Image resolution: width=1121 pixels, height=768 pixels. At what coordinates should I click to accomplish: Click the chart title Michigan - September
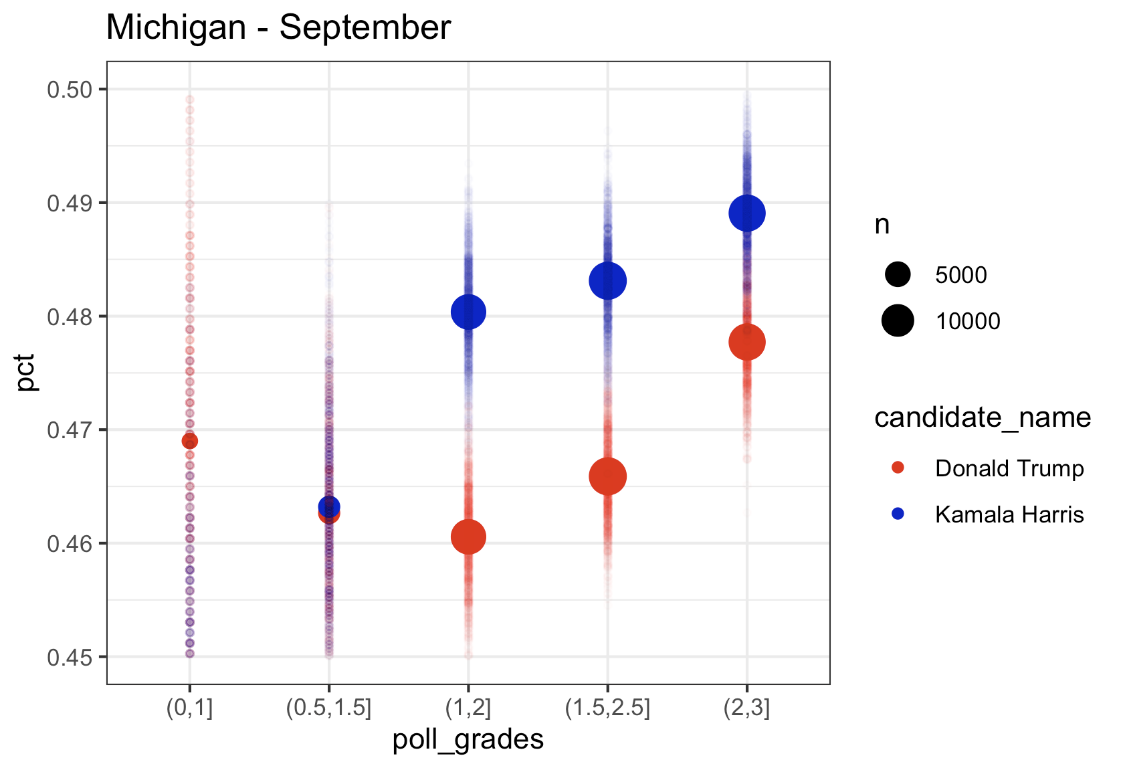click(278, 28)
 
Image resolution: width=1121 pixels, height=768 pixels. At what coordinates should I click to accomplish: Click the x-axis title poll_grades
click(468, 740)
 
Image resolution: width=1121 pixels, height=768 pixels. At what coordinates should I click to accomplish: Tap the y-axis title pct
click(27, 373)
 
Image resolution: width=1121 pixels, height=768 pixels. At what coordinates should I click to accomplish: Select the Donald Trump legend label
click(1009, 468)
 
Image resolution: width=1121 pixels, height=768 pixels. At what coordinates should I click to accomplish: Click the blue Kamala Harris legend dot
click(898, 514)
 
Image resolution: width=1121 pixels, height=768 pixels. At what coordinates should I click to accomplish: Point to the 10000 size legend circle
click(898, 320)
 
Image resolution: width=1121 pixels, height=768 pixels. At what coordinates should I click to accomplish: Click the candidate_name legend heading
click(982, 417)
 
